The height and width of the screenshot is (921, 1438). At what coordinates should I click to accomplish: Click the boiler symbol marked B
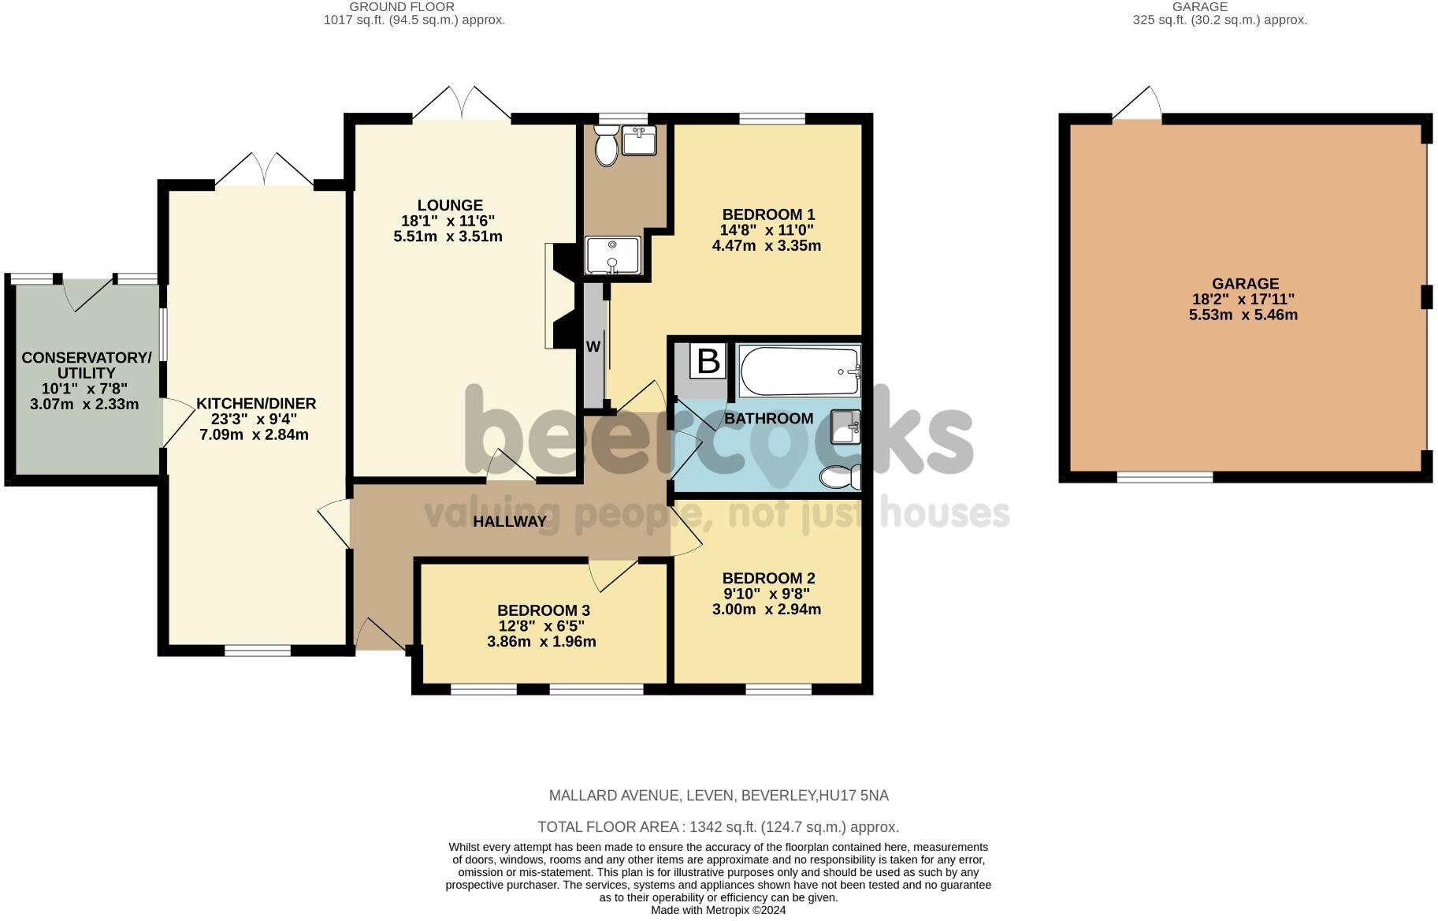708,362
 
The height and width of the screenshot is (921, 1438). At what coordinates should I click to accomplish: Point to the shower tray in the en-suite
613,255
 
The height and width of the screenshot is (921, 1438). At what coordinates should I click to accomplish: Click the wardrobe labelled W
593,347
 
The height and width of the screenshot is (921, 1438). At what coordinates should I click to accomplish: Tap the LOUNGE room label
450,205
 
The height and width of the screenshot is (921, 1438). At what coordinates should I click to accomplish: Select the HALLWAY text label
509,521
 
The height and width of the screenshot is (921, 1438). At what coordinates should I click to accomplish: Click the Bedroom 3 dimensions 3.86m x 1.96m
541,642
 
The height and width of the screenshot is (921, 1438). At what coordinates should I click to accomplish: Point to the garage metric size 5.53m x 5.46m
1243,315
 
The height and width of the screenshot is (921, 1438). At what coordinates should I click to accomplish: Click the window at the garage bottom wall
1165,476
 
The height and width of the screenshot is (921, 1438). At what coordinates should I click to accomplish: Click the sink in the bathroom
845,427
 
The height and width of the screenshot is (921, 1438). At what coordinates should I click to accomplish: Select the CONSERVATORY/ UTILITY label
86,365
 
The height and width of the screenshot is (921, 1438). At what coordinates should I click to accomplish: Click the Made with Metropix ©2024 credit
718,910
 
